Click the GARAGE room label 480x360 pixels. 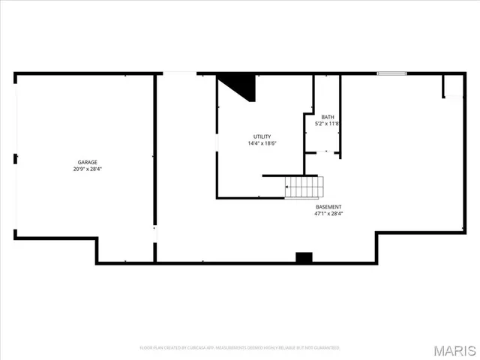tap(87, 162)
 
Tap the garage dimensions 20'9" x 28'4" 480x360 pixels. tap(87, 169)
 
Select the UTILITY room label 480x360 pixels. tap(262, 136)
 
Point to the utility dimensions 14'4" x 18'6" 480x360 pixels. tap(262, 143)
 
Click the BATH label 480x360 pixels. tap(328, 117)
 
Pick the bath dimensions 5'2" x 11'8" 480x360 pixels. tap(328, 124)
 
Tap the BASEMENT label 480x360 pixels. tap(328, 207)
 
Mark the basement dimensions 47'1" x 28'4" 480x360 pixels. tap(328, 214)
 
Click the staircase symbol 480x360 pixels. tap(304, 187)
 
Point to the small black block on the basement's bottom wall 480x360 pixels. tap(304, 257)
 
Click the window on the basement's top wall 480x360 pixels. tap(391, 73)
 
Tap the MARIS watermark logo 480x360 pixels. tap(455, 349)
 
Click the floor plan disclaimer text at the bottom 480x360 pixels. tap(240, 348)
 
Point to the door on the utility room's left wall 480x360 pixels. tap(217, 142)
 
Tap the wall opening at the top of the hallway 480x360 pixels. tap(179, 73)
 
